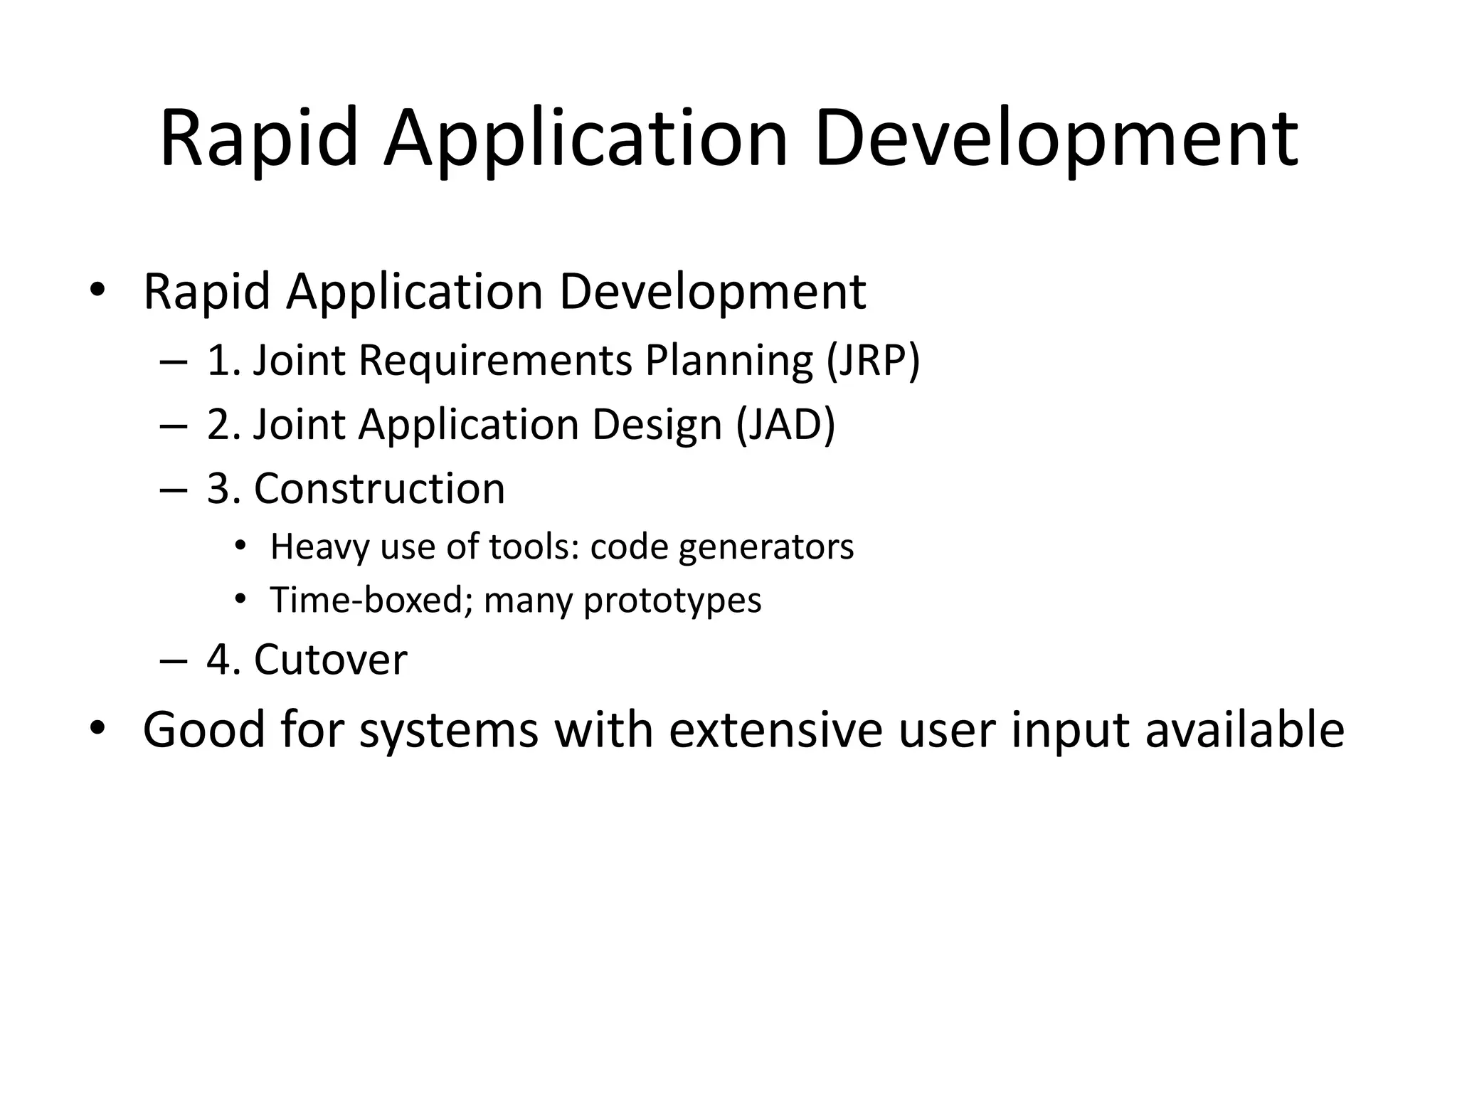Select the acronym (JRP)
[x=874, y=360]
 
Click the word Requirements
[x=495, y=360]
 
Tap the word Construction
[x=379, y=489]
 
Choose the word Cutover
[x=331, y=660]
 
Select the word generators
[x=766, y=547]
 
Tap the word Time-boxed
[x=371, y=600]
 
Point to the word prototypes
[x=672, y=600]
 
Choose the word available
[x=1244, y=730]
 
